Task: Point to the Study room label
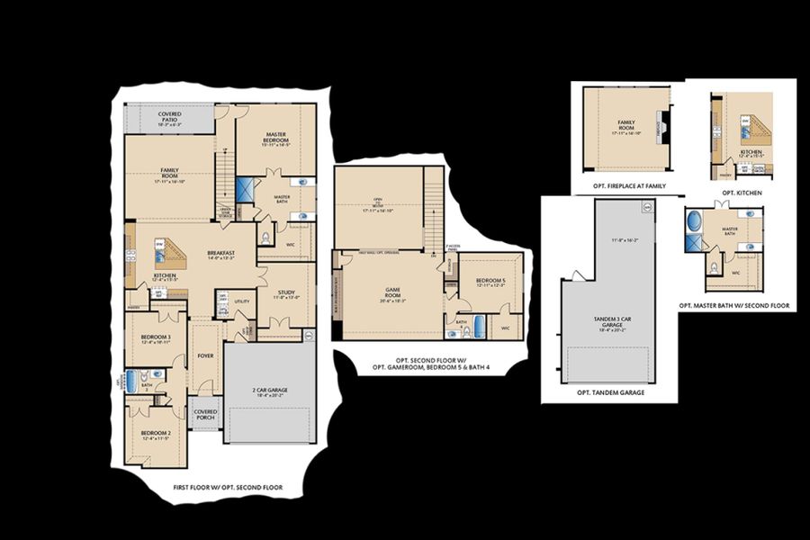coord(286,293)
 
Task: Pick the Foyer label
coord(205,355)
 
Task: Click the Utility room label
coord(241,301)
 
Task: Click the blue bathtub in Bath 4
coord(479,327)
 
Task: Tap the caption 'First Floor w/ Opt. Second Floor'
coord(228,488)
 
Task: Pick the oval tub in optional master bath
coord(694,221)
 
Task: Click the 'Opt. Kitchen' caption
coord(741,193)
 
